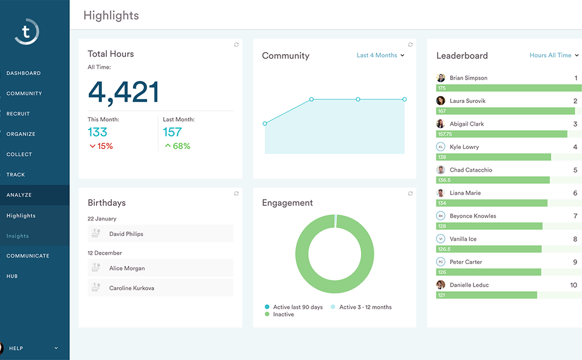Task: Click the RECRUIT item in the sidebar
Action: tap(18, 114)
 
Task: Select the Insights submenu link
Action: tap(18, 236)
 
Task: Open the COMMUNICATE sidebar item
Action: tap(28, 256)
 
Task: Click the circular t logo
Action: tap(27, 31)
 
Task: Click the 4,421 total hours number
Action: tap(123, 92)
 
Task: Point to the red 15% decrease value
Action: tap(101, 146)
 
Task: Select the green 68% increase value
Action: tap(177, 146)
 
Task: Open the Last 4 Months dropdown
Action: tap(380, 55)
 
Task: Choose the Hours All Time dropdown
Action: tap(554, 55)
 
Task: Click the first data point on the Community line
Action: tap(265, 123)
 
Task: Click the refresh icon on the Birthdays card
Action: tap(236, 194)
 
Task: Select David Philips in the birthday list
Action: tap(126, 234)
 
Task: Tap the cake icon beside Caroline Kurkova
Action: tap(95, 288)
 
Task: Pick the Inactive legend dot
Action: tap(267, 314)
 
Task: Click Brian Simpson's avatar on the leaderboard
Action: tap(440, 78)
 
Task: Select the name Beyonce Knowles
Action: tap(472, 216)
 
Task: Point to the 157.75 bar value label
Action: tap(445, 134)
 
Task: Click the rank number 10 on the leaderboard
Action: tap(573, 285)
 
